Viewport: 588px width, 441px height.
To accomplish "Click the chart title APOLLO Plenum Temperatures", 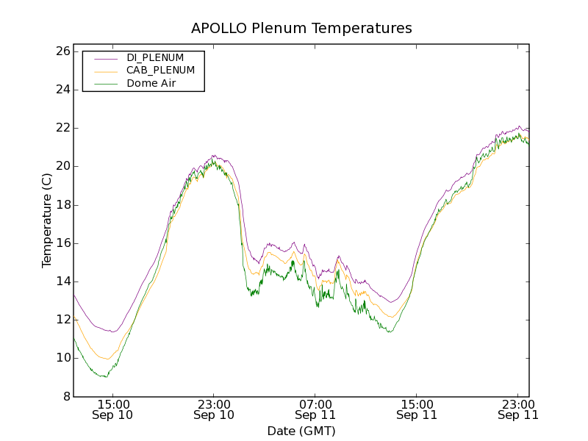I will [x=301, y=29].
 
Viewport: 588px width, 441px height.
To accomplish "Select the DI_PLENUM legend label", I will [x=155, y=57].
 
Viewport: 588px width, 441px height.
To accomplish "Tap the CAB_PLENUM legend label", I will [x=160, y=71].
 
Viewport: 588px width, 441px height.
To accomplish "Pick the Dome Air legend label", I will [x=151, y=84].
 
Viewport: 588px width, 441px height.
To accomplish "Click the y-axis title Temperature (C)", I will [x=47, y=220].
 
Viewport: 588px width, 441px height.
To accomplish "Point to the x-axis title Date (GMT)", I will [x=301, y=431].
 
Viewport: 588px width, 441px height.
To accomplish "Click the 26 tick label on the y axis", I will [x=62, y=51].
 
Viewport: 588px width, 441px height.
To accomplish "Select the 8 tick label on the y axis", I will [x=65, y=397].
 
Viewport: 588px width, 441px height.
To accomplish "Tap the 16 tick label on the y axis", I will [x=62, y=243].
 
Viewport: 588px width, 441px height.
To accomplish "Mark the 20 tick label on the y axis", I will [x=62, y=166].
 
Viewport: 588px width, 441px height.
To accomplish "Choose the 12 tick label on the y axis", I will [x=62, y=320].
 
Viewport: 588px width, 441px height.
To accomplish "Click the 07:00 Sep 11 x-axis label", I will [x=315, y=409].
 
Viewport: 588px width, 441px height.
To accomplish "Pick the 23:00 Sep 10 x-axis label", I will [x=214, y=409].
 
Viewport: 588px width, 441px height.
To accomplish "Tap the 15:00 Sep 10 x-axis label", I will [x=112, y=409].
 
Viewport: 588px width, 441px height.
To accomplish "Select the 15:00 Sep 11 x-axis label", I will [x=417, y=409].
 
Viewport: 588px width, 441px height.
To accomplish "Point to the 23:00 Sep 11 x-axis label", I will [x=517, y=409].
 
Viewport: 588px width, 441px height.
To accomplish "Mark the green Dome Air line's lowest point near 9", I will [x=106, y=377].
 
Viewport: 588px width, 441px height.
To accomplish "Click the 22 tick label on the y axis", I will [x=62, y=128].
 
